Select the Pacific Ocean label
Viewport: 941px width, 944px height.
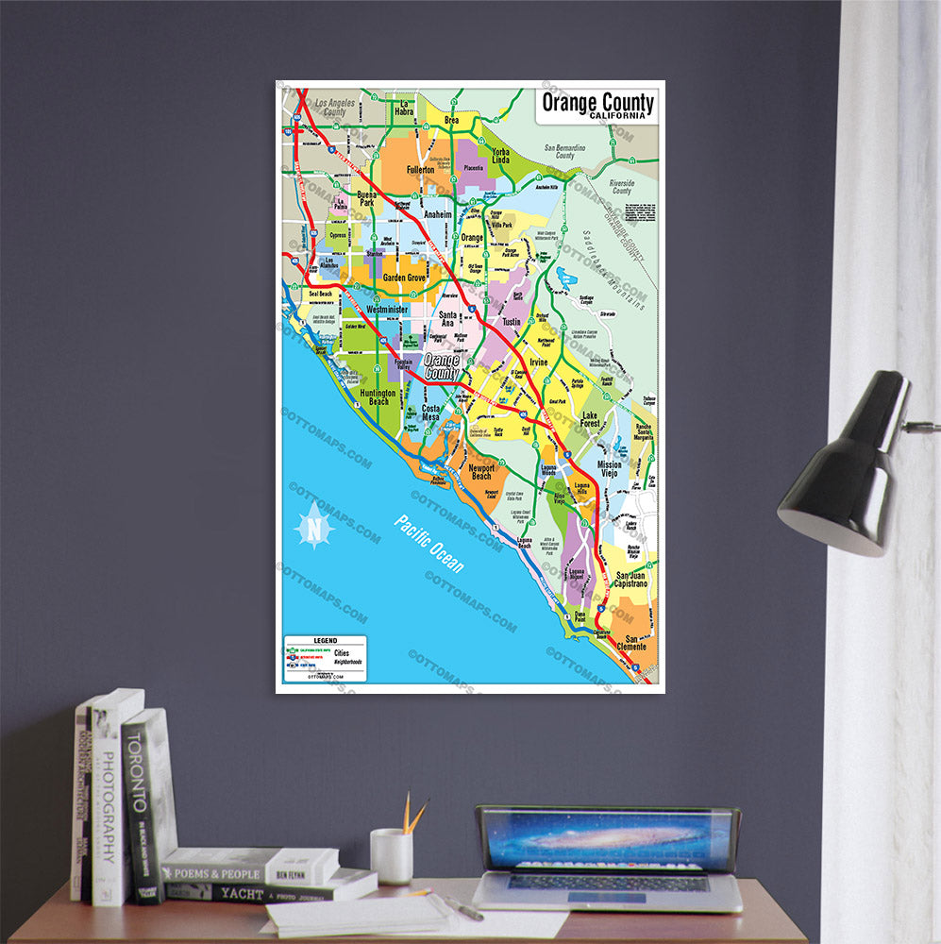[430, 544]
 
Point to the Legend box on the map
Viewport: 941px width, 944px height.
[325, 658]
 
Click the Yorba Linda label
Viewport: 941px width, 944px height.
[500, 157]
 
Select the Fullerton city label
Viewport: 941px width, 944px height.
[420, 170]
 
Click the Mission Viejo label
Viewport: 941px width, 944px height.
[610, 469]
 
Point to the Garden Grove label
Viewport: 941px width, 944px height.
[404, 278]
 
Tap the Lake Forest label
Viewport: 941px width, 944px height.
[591, 420]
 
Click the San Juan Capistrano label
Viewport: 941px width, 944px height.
[631, 580]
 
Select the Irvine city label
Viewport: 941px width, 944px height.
[538, 362]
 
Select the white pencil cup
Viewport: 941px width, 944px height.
[391, 855]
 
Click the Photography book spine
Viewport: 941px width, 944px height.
[108, 802]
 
